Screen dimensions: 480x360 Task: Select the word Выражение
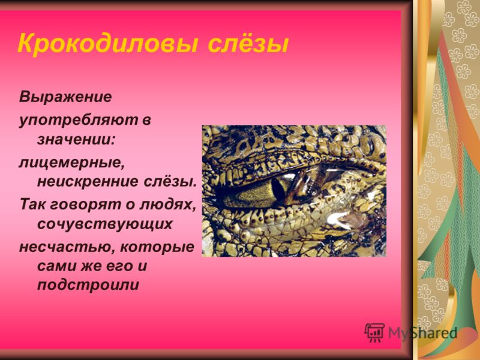coord(65,97)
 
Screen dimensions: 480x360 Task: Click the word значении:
coord(76,140)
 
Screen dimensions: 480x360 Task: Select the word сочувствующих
coord(104,224)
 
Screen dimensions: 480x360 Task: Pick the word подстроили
coord(88,285)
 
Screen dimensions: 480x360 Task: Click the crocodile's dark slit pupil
coord(278,191)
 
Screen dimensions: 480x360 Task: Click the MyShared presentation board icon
coord(374,333)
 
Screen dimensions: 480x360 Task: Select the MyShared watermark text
coord(422,333)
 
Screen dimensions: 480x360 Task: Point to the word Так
coord(32,205)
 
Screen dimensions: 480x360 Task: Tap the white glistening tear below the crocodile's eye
coord(338,219)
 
